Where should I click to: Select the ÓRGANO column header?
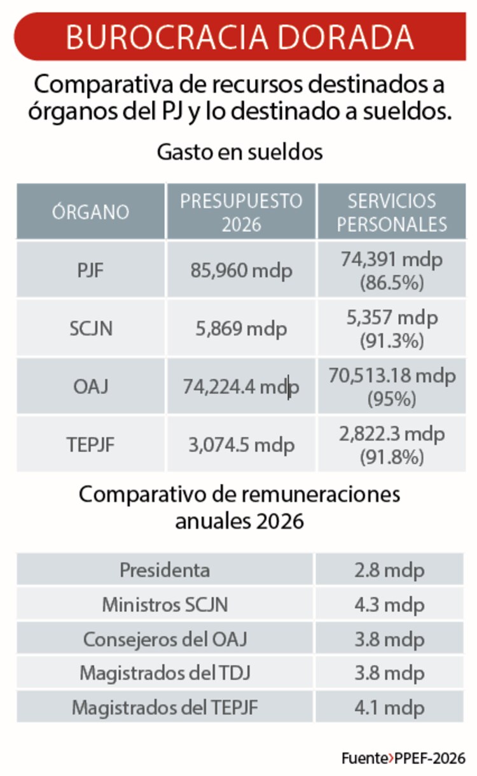[x=90, y=212]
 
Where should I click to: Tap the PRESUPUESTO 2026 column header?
[x=241, y=212]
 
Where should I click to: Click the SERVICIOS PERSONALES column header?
[x=392, y=212]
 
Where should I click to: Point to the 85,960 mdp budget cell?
[x=241, y=271]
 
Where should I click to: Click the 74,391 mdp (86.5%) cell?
[x=392, y=271]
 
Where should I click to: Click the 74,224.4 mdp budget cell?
[x=241, y=386]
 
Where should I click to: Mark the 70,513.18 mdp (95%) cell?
[x=392, y=386]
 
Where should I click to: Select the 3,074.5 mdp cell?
[x=241, y=444]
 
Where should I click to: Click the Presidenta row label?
[x=165, y=570]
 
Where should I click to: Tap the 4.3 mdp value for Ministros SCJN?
[x=389, y=604]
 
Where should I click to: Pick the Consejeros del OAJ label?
[x=165, y=638]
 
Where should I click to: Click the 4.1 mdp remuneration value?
[x=389, y=707]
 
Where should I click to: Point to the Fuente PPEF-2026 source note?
[x=403, y=758]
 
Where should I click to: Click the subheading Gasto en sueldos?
[x=240, y=153]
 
